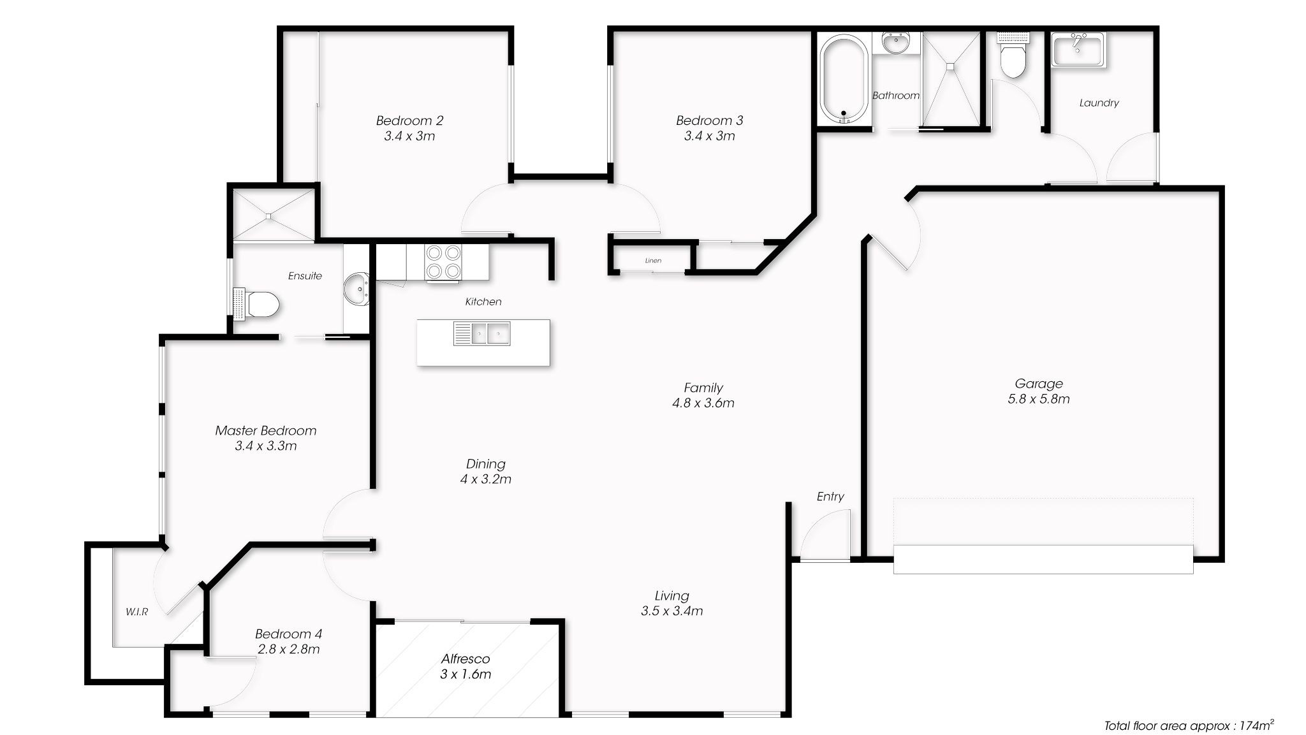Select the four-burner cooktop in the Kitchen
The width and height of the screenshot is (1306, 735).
click(x=443, y=262)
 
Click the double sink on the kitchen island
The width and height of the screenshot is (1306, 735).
click(x=481, y=333)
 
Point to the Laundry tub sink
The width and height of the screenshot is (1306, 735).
click(x=1078, y=50)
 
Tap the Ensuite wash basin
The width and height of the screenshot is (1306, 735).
click(x=356, y=289)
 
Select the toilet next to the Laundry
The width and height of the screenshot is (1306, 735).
click(x=1013, y=56)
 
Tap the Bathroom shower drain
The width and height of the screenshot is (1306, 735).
click(x=950, y=65)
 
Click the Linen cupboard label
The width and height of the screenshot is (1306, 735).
click(x=653, y=261)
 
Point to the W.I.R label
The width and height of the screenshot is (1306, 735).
click(x=136, y=612)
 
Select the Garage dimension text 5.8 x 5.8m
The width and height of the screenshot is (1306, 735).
click(x=1039, y=399)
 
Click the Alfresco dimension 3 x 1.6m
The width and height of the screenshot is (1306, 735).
click(x=466, y=674)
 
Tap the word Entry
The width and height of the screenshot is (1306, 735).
click(x=830, y=497)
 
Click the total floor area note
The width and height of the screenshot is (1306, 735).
click(x=1189, y=725)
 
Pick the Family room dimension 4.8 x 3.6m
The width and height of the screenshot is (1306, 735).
click(x=703, y=403)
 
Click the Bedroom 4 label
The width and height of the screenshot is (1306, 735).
click(x=288, y=634)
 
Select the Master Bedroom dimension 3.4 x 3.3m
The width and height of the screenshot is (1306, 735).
click(x=266, y=446)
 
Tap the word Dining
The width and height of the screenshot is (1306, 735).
click(x=485, y=464)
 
